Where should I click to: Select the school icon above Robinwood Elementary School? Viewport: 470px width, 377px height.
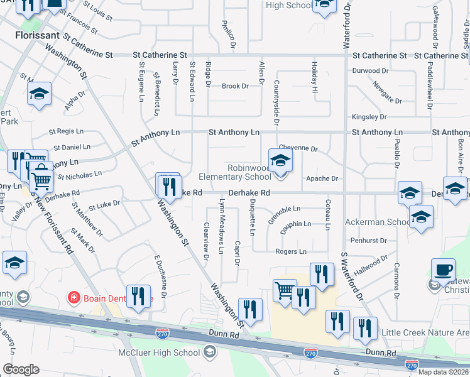pyautogui.click(x=280, y=161)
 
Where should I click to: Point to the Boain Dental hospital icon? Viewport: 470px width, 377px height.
pyautogui.click(x=75, y=297)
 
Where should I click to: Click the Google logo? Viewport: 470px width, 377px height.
pyautogui.click(x=20, y=369)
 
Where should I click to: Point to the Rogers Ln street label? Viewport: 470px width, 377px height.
pyautogui.click(x=290, y=251)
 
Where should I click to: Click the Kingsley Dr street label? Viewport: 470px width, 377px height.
pyautogui.click(x=369, y=117)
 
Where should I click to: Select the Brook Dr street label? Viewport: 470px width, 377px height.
pyautogui.click(x=235, y=86)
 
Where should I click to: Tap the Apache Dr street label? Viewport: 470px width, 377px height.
pyautogui.click(x=322, y=179)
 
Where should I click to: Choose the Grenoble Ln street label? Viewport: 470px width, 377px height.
pyautogui.click(x=285, y=209)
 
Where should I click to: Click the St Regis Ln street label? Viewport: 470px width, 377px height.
pyautogui.click(x=66, y=132)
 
